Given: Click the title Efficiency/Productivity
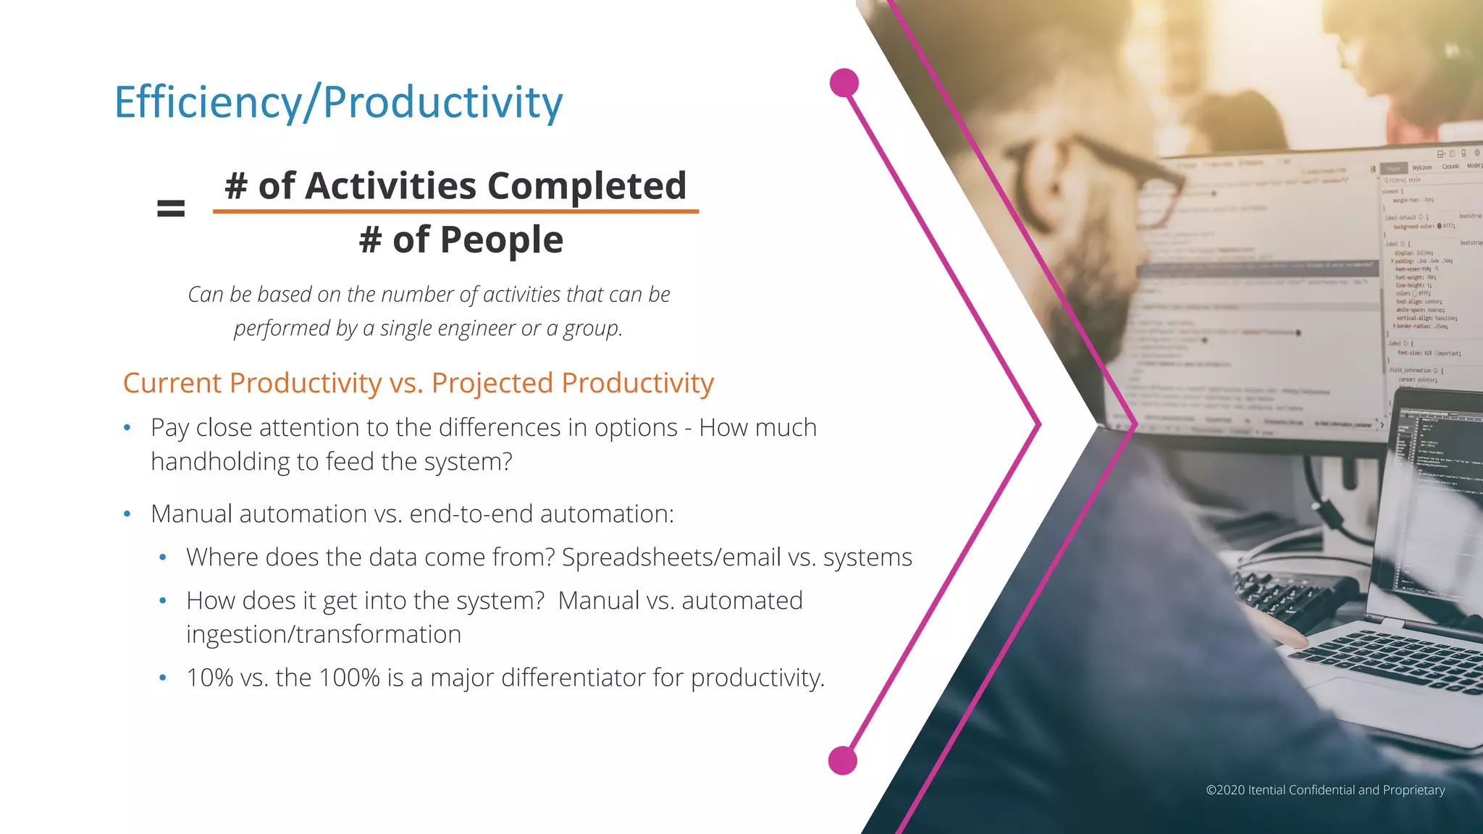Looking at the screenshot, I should tap(338, 102).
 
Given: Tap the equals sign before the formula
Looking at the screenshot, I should tap(171, 209).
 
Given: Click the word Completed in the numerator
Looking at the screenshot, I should tap(587, 186).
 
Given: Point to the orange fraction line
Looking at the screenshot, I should tap(455, 211).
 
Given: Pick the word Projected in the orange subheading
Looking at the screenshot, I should tap(492, 383).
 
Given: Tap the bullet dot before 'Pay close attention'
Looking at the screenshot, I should tap(127, 428).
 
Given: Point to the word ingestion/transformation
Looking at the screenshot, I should tap(324, 634).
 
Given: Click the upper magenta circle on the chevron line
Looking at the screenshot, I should tap(844, 83).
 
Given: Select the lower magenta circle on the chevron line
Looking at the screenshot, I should tap(842, 761).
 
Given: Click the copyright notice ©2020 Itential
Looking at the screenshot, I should tap(1324, 790).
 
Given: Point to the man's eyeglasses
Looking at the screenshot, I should tap(1108, 181).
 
